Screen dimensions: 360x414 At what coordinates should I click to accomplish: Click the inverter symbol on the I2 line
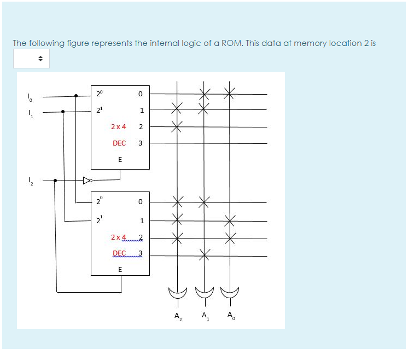[86, 179]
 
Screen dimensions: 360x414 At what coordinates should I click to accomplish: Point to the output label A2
[177, 316]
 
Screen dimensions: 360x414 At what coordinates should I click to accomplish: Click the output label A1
[205, 316]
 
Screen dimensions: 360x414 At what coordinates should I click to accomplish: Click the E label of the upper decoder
[120, 160]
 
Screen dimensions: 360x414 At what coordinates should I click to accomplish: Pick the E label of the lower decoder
[120, 269]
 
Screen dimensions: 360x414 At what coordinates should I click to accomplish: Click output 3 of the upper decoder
[141, 143]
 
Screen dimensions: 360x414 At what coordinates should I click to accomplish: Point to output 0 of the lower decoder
[141, 202]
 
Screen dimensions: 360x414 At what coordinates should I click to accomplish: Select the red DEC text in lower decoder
[119, 253]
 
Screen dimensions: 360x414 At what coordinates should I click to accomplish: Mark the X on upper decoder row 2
[177, 127]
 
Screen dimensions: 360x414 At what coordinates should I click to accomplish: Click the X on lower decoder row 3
[204, 253]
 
